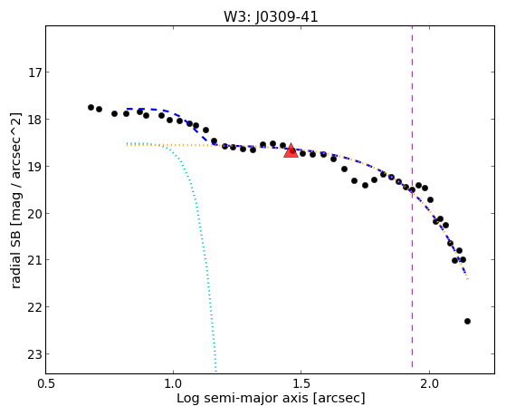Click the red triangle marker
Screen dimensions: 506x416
pos(291,151)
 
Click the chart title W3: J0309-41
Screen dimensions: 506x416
pos(271,17)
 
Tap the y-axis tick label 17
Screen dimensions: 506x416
pos(35,73)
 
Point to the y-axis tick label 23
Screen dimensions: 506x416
pos(35,354)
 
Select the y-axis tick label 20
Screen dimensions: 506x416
pos(35,214)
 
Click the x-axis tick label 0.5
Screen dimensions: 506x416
pos(46,383)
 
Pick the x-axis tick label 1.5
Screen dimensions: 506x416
pos(301,383)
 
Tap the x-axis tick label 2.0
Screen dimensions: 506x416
pos(429,383)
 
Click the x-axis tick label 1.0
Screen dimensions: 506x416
pos(173,383)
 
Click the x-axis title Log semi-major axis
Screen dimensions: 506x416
pos(242,399)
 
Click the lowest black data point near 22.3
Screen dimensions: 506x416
pos(467,322)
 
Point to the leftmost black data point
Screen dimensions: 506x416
pos(91,107)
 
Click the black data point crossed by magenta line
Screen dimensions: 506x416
pos(412,189)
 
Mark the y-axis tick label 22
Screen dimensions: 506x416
pos(35,307)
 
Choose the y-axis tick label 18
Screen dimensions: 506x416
pos(35,120)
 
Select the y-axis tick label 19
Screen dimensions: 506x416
pos(35,167)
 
